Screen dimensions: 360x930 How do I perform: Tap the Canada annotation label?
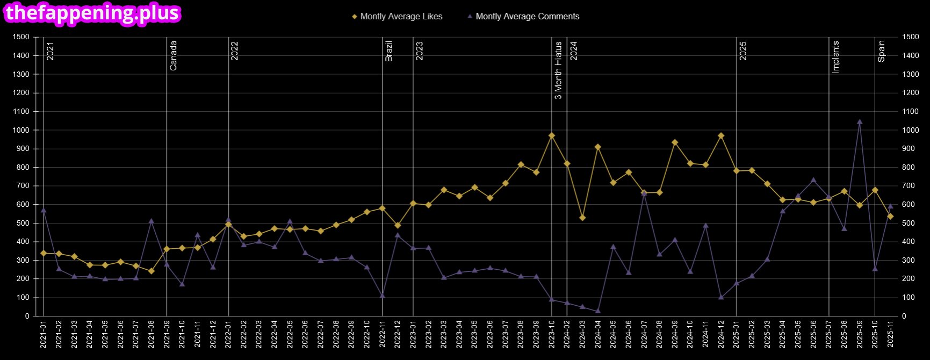(173, 56)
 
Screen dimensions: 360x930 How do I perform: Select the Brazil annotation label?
(389, 51)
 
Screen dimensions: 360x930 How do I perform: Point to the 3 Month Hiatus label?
(558, 70)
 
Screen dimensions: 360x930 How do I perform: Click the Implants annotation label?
(835, 57)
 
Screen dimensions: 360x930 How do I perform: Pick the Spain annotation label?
(881, 52)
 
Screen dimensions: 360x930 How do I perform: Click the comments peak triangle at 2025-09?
(860, 121)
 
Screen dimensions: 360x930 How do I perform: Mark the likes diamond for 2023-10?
(552, 136)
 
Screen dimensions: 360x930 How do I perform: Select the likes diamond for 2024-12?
(721, 136)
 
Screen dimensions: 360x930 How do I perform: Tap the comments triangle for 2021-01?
(44, 210)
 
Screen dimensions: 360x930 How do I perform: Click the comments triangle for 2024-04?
(598, 311)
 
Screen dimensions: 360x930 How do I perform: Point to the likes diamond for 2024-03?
(582, 218)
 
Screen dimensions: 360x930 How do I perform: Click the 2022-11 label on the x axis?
(382, 334)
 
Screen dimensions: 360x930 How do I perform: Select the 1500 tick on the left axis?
(21, 37)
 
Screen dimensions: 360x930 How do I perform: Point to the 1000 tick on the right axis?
(911, 130)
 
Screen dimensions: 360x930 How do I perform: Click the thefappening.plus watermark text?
(92, 13)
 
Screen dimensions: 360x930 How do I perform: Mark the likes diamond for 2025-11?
(890, 217)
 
